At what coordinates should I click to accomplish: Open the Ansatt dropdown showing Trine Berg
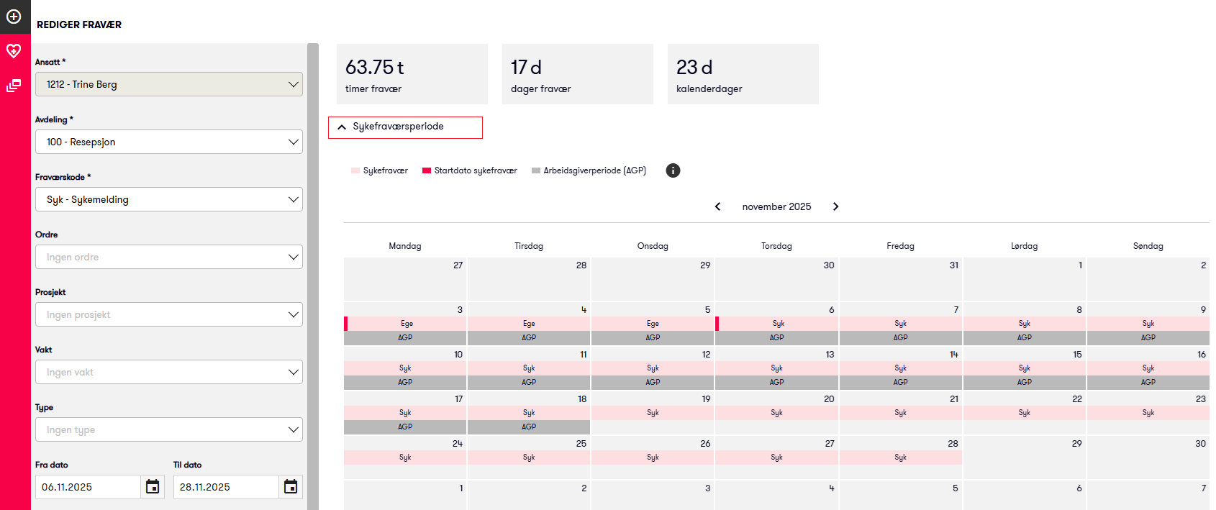[168, 84]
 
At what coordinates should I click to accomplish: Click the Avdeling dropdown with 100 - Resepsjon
[168, 142]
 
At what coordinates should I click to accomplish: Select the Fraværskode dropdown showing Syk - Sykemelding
[168, 199]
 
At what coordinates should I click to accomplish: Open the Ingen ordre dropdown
[168, 257]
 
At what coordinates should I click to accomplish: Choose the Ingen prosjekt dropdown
[168, 314]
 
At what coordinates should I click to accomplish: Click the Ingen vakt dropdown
[168, 372]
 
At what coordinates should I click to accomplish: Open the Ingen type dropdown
[168, 429]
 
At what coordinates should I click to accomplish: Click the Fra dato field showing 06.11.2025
[88, 487]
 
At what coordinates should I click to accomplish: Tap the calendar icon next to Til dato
[291, 487]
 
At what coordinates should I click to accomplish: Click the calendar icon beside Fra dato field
[153, 487]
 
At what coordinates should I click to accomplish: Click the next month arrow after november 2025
[835, 206]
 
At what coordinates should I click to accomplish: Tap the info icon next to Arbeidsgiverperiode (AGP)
[673, 170]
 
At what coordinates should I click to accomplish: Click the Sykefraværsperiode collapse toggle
[405, 127]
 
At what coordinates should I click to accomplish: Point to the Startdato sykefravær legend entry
[470, 170]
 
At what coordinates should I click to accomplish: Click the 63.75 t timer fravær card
[412, 74]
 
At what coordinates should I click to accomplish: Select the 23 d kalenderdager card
[743, 74]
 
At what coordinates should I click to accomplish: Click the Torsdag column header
[776, 246]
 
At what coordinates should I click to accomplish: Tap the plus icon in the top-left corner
[14, 16]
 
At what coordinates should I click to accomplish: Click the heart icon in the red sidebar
[14, 51]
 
